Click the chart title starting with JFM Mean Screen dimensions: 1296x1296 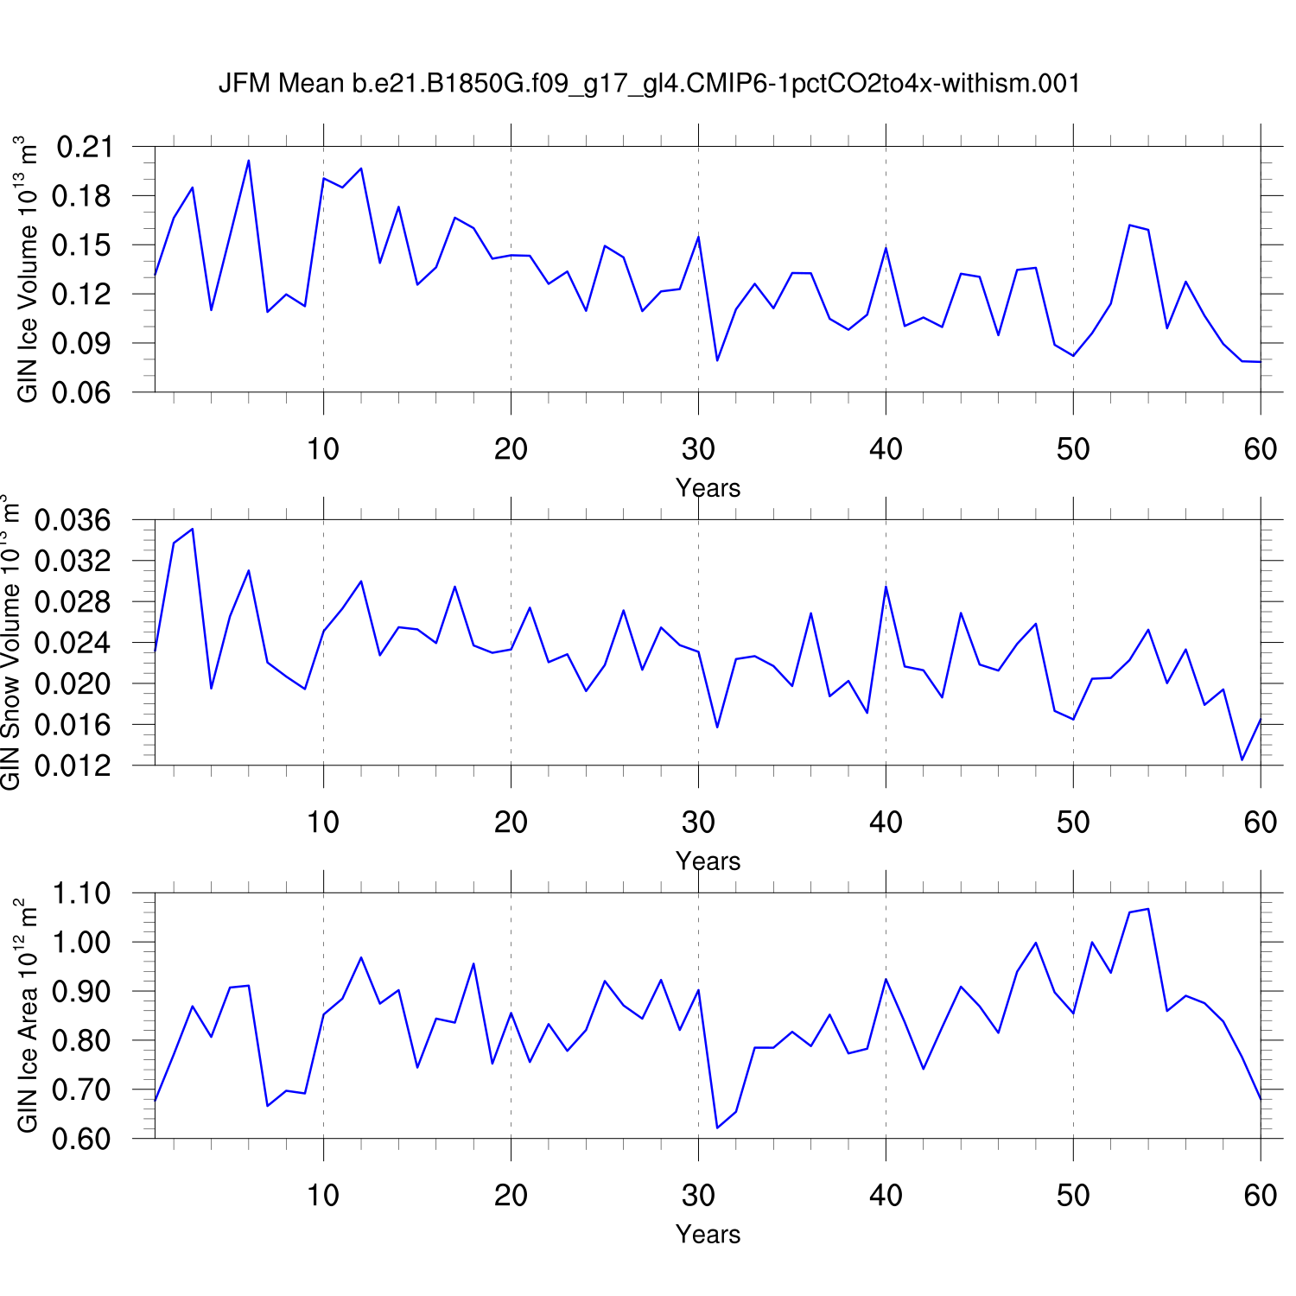coord(649,83)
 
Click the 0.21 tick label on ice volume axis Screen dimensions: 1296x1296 coord(84,147)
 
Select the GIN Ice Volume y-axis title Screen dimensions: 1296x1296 coord(28,269)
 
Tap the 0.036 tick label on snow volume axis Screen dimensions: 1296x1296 coord(73,520)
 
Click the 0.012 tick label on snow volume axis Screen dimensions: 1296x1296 coord(73,766)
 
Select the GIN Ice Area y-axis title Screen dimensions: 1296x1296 coord(28,1016)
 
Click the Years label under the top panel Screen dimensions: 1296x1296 coord(708,488)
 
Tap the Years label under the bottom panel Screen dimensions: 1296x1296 coord(708,1235)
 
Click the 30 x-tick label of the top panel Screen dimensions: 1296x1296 coord(698,449)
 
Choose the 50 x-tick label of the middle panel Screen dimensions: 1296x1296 coord(1073,823)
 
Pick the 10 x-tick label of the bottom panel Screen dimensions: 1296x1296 coord(323,1196)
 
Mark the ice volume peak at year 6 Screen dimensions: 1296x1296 coord(249,161)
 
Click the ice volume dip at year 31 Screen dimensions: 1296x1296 coord(717,360)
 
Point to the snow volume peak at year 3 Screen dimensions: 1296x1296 coord(193,529)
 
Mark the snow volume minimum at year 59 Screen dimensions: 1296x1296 coord(1242,760)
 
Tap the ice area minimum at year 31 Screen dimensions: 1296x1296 coord(717,1128)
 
